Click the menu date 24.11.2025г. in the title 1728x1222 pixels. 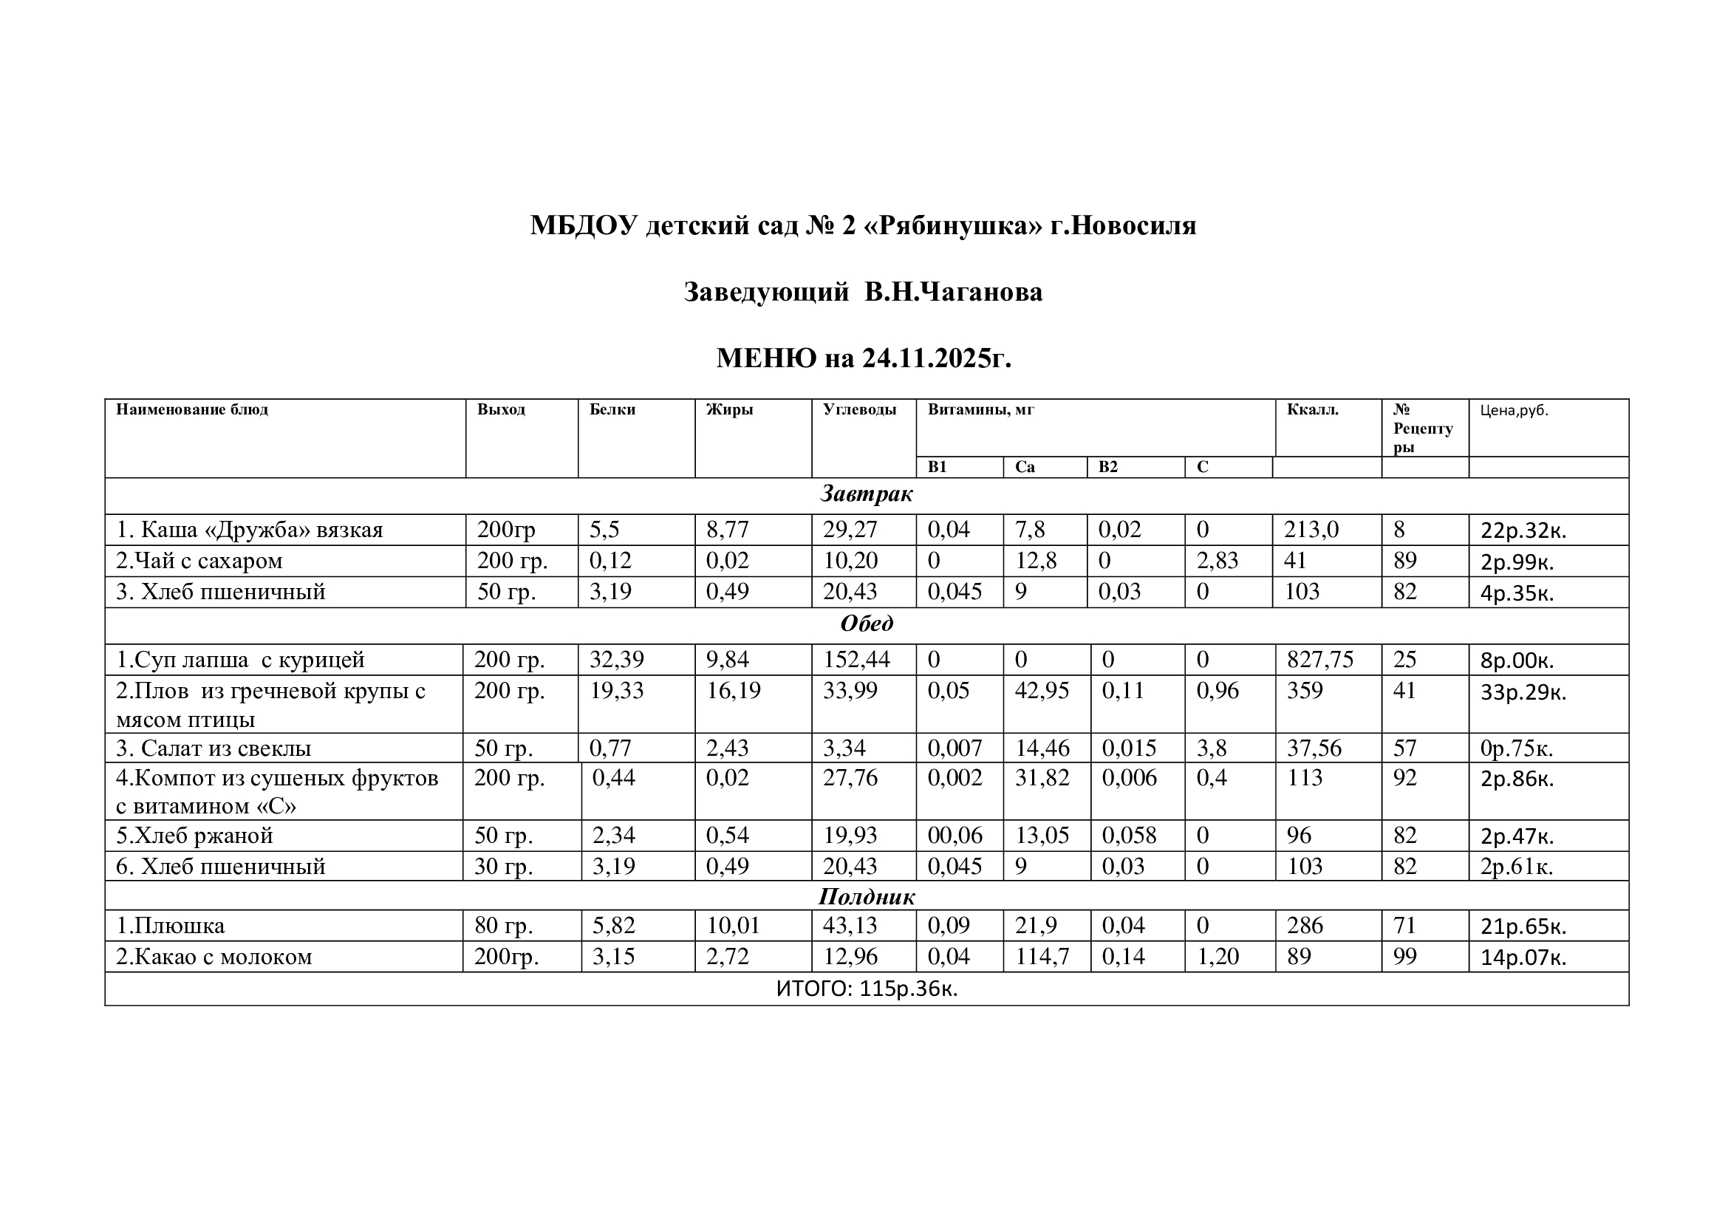pyautogui.click(x=936, y=358)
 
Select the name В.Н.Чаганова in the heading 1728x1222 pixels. pyautogui.click(x=953, y=292)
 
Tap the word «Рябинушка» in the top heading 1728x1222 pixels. pyautogui.click(x=957, y=225)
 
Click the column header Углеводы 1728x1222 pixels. pyautogui.click(x=858, y=410)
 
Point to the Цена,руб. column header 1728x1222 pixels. pyautogui.click(x=1514, y=411)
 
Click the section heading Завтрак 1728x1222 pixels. pyautogui.click(x=867, y=494)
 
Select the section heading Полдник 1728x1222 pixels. pyautogui.click(x=867, y=897)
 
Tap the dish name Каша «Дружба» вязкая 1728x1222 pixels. pyautogui.click(x=249, y=530)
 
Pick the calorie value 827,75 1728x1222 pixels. pyautogui.click(x=1319, y=660)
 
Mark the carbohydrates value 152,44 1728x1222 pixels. pyautogui.click(x=856, y=660)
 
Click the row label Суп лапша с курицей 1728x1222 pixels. pyautogui.click(x=240, y=660)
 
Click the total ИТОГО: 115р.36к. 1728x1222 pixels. pyautogui.click(x=867, y=989)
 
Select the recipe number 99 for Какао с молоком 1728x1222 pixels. pyautogui.click(x=1404, y=957)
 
